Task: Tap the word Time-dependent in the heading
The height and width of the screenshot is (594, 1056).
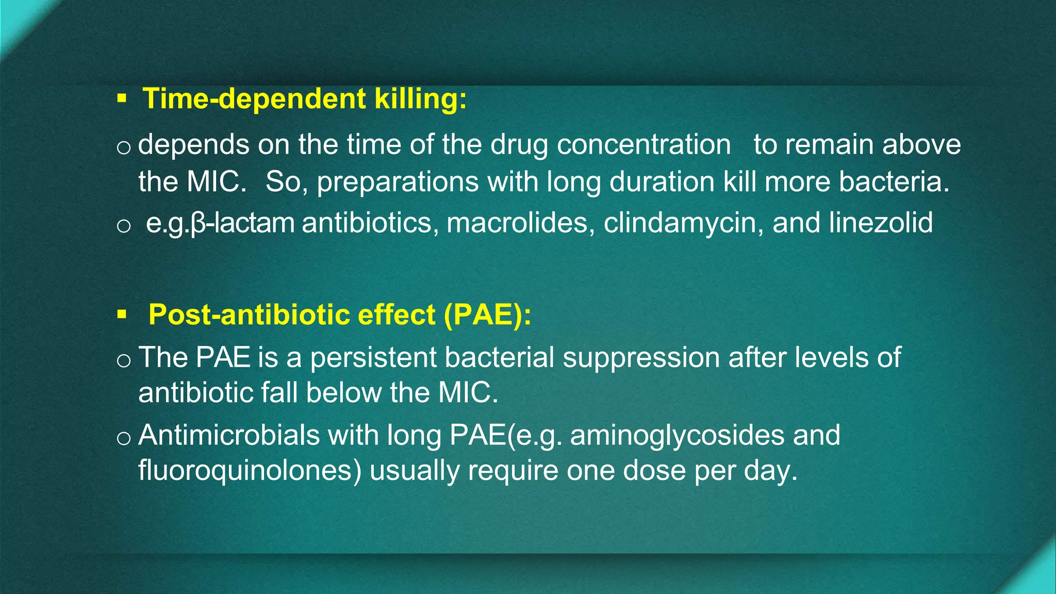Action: tap(254, 98)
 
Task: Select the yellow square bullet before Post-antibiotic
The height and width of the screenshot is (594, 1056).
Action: tap(122, 314)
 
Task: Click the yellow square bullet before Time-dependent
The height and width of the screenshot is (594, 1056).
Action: tap(122, 98)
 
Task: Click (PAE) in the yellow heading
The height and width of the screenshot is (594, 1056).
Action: tap(487, 315)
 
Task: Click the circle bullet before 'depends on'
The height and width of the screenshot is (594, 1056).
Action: tap(124, 148)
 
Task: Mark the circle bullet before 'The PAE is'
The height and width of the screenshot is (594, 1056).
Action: tap(124, 360)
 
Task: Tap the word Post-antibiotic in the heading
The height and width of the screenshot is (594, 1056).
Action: tap(292, 315)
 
